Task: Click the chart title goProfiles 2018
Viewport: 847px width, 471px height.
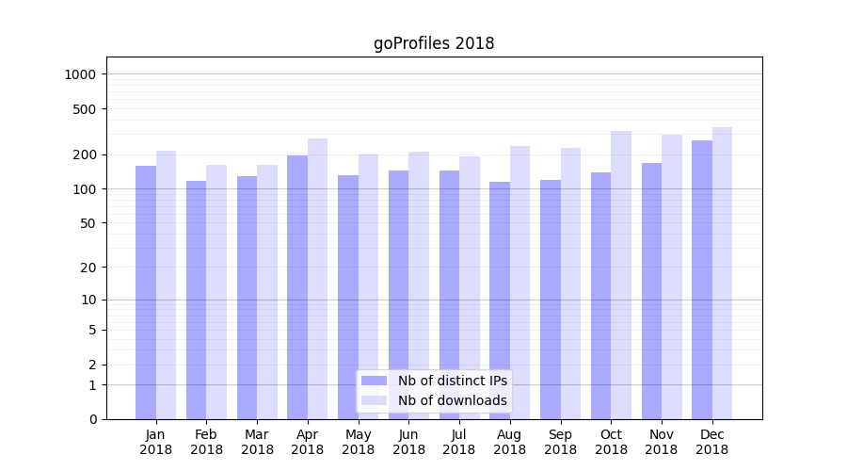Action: pos(434,43)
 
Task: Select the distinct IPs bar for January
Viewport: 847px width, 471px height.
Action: pos(146,292)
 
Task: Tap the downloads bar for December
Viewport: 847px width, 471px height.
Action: pos(722,273)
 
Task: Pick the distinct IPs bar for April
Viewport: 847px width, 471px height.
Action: pos(297,287)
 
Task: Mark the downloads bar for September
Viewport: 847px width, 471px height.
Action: pos(570,284)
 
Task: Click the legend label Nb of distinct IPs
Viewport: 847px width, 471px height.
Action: pos(452,381)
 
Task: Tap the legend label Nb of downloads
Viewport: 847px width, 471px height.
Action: pos(452,400)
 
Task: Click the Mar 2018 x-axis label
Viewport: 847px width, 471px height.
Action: pos(257,442)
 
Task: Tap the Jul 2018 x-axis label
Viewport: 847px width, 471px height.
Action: pos(459,442)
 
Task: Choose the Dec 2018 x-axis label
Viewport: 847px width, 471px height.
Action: pos(711,442)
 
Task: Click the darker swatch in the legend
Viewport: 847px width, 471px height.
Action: pos(375,381)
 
